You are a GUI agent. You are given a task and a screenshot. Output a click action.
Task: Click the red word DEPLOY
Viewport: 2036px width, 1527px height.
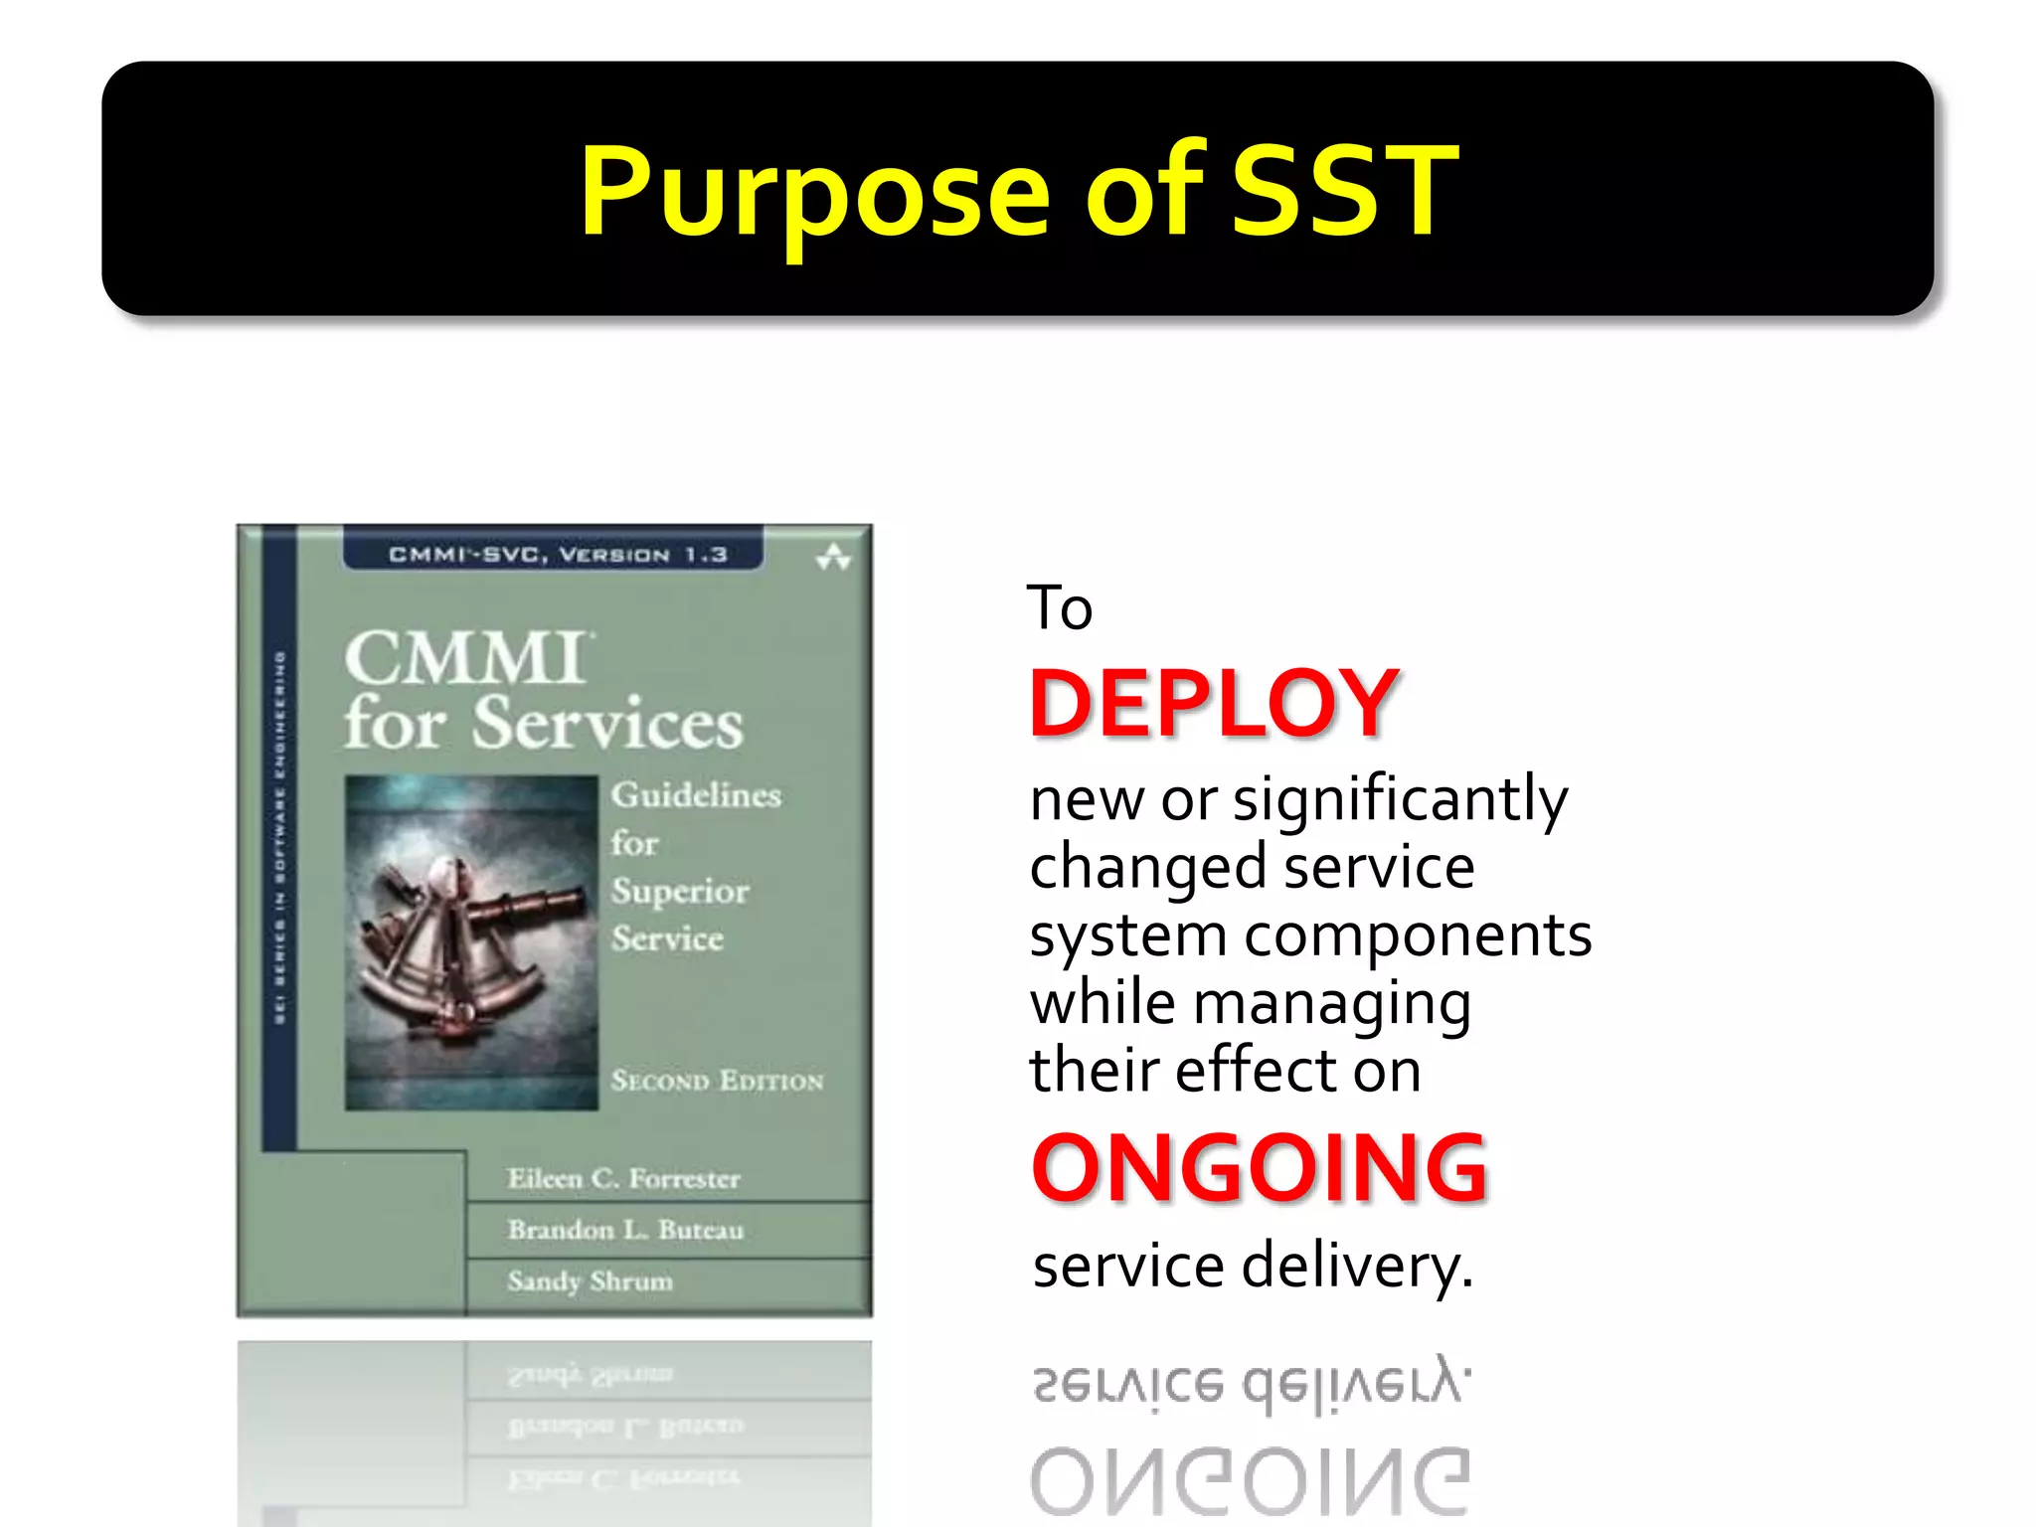(1214, 703)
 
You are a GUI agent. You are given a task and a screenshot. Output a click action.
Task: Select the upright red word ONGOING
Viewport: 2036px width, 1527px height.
(1259, 1168)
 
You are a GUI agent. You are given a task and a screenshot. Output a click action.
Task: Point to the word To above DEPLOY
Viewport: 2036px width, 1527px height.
(1059, 608)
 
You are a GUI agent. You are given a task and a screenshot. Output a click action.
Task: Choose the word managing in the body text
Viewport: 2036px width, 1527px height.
(1331, 1003)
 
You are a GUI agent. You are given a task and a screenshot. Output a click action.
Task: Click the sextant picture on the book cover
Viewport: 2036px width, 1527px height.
(470, 941)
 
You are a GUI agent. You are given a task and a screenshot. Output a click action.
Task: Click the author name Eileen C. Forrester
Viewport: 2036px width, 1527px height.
(623, 1178)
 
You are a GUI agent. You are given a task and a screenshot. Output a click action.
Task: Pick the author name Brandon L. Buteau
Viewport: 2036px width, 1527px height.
(624, 1230)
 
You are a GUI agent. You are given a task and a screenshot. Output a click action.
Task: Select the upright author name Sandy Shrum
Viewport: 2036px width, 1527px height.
(590, 1280)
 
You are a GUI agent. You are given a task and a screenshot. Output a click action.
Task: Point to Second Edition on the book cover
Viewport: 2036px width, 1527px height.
(717, 1081)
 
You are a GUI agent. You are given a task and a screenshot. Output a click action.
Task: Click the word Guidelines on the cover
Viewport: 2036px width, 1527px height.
(696, 795)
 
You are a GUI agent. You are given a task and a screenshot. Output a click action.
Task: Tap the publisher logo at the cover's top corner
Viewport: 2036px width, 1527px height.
(833, 558)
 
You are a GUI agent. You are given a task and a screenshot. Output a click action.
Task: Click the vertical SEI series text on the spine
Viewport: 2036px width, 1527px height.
(280, 835)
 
